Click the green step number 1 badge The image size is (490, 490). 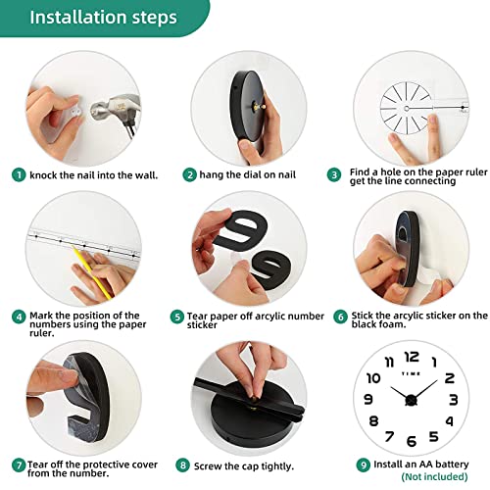[19, 175]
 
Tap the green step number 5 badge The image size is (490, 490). [177, 317]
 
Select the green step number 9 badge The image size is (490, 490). [364, 465]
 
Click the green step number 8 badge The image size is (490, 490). [182, 465]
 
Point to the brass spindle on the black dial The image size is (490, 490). [258, 107]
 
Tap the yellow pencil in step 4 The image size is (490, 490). [92, 273]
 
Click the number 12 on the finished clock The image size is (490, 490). [412, 357]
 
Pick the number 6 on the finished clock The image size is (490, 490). [412, 441]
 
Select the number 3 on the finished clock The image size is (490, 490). [454, 400]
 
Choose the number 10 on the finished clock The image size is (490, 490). [373, 378]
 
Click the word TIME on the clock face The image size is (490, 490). [411, 373]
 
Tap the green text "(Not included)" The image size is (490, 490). [434, 477]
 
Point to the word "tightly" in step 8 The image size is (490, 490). [276, 466]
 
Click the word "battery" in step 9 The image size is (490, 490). [452, 465]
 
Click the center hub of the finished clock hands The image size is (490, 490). [411, 400]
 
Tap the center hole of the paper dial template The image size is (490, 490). [407, 108]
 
